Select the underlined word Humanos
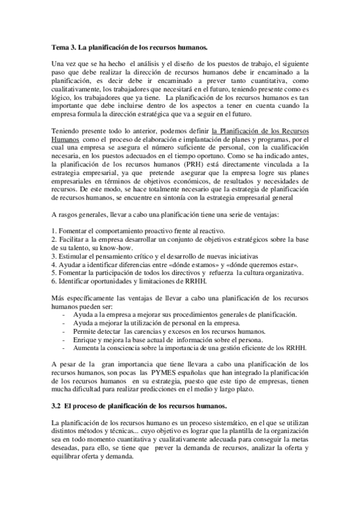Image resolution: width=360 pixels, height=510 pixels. coord(66,138)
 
